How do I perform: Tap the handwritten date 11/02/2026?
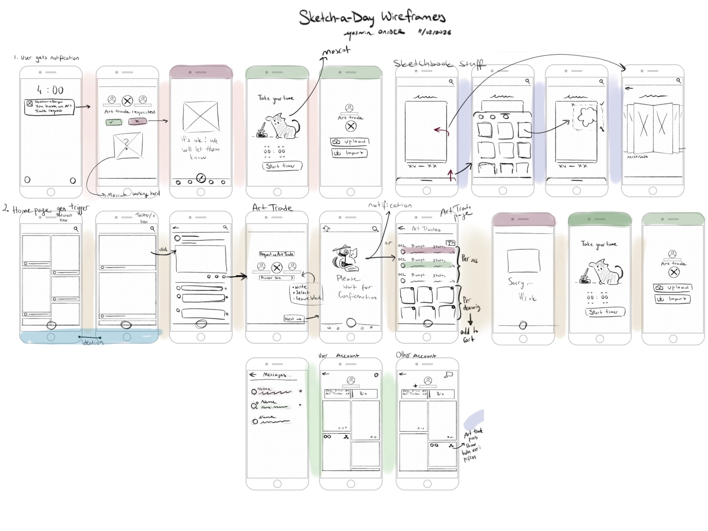[x=435, y=32]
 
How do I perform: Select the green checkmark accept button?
[x=114, y=122]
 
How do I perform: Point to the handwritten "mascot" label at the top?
[x=336, y=51]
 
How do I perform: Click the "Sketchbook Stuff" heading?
[x=438, y=64]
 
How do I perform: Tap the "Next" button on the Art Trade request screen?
[x=293, y=319]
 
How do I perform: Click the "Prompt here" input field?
[x=276, y=278]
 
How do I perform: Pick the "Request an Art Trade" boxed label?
[x=276, y=254]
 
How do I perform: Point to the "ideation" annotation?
[x=93, y=342]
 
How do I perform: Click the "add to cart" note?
[x=469, y=335]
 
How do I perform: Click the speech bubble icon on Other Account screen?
[x=449, y=374]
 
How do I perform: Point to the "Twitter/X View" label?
[x=145, y=218]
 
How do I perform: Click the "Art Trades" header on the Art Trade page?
[x=426, y=229]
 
